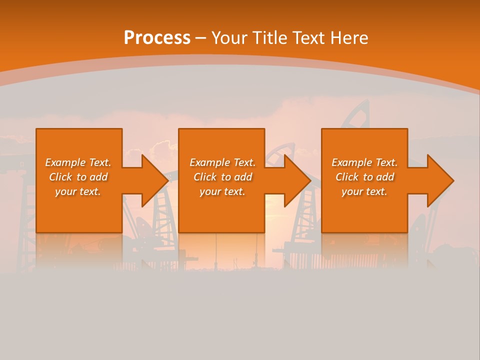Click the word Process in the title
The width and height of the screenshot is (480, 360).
pyautogui.click(x=157, y=38)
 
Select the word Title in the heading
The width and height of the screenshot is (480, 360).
pyautogui.click(x=270, y=38)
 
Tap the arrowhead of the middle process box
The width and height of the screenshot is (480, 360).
pyautogui.click(x=297, y=180)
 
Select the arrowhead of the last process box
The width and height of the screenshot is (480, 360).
pyautogui.click(x=439, y=180)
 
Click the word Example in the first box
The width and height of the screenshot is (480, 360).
pyautogui.click(x=65, y=162)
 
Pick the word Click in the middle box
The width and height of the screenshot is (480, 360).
pyautogui.click(x=206, y=177)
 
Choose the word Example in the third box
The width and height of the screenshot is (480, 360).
pyautogui.click(x=351, y=162)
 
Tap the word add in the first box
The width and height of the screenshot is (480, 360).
pyautogui.click(x=99, y=177)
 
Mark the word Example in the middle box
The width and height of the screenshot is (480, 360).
pyautogui.click(x=209, y=162)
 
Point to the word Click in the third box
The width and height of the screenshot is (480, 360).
pyautogui.click(x=348, y=177)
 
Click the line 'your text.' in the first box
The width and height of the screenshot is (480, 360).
pyautogui.click(x=78, y=191)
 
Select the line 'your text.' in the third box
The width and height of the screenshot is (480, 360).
pyautogui.click(x=364, y=191)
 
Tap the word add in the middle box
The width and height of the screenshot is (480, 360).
pyautogui.click(x=243, y=177)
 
